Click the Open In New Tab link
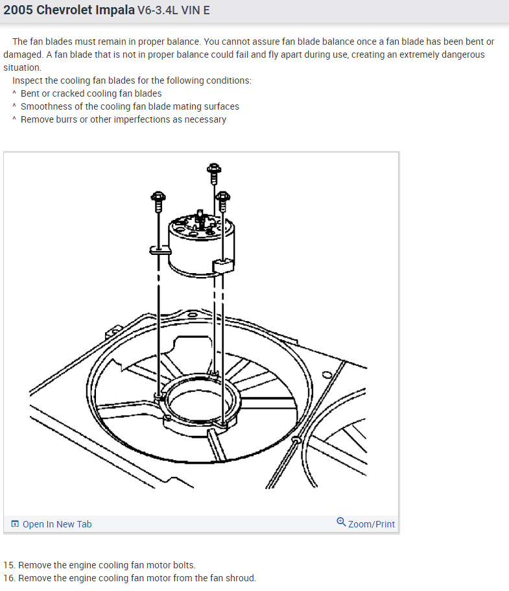tap(57, 524)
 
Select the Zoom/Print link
tap(371, 524)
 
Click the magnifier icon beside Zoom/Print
tap(341, 522)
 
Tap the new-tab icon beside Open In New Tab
tap(15, 524)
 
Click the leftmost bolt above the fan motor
tap(158, 200)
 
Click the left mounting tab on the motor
tap(156, 248)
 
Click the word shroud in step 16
tap(241, 578)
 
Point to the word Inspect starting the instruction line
tap(28, 80)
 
